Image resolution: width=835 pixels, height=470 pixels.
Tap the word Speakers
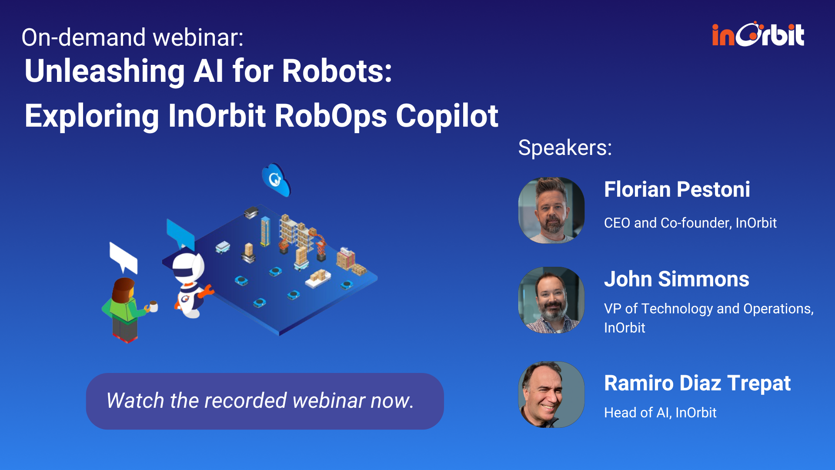pos(564,148)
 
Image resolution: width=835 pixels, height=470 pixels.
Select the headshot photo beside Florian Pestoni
pos(551,210)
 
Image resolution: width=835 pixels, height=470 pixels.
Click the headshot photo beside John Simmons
pos(551,300)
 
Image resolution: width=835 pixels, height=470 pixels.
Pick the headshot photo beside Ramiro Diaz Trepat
pos(551,394)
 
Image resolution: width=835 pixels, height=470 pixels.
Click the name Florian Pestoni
pos(677,190)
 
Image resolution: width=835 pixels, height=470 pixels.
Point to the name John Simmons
pos(676,279)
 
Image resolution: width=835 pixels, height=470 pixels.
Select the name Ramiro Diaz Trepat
pos(697,383)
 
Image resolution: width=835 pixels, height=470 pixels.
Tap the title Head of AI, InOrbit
pos(660,413)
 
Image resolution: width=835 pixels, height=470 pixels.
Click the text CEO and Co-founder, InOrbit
pos(690,223)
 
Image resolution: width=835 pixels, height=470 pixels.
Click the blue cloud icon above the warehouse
pos(276,179)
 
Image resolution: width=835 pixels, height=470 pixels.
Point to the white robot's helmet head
pos(188,265)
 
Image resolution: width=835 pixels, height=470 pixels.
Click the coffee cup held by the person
pos(153,306)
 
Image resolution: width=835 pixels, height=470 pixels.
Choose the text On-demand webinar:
pos(132,37)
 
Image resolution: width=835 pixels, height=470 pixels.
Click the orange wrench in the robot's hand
pos(206,291)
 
